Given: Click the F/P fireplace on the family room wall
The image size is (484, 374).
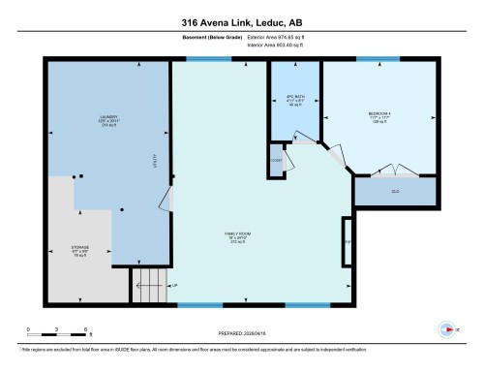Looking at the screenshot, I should (347, 240).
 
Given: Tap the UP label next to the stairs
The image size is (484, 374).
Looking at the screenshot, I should (174, 286).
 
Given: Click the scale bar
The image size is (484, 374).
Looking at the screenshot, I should (58, 336).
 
